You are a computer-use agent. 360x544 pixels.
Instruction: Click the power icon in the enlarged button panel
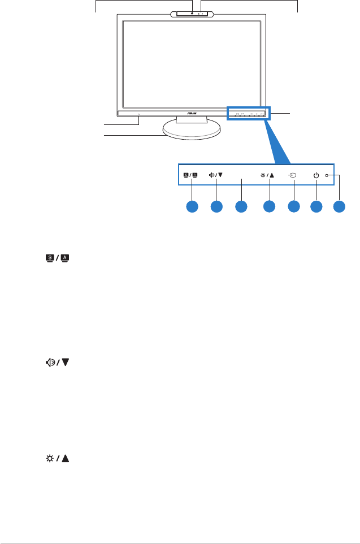(315, 175)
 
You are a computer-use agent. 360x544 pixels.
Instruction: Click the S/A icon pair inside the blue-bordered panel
(191, 175)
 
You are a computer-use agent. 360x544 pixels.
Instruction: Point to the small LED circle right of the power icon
(327, 175)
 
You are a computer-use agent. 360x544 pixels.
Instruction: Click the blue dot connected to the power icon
(316, 207)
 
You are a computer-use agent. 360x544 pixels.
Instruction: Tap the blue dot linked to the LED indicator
(339, 207)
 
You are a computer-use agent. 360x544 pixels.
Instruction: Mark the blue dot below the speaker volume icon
(216, 207)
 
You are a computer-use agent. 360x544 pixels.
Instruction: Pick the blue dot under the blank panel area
(241, 207)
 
